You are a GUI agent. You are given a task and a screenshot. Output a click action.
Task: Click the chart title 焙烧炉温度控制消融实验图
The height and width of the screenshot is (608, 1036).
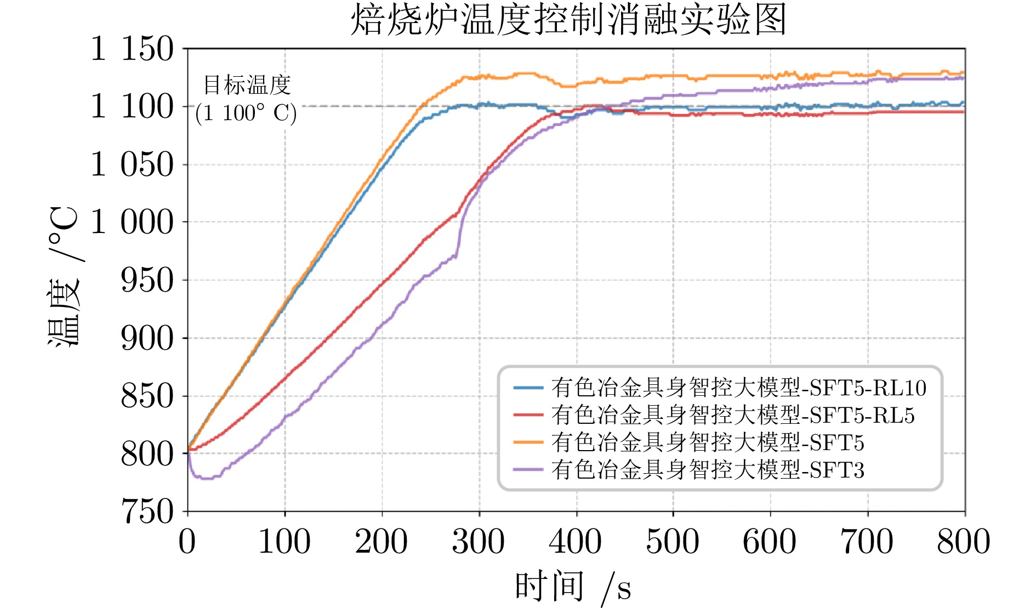568,20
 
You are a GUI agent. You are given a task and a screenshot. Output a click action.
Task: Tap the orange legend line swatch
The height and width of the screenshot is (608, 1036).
528,442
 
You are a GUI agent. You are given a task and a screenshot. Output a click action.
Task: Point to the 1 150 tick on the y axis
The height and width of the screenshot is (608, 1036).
132,49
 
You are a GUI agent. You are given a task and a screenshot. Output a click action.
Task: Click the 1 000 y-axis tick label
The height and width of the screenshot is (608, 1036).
132,222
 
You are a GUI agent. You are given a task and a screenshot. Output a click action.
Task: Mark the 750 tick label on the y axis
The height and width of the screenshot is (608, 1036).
146,512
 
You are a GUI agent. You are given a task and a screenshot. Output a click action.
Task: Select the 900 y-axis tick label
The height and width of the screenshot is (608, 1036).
146,338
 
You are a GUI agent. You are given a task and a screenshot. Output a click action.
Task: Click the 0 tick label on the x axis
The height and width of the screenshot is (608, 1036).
187,542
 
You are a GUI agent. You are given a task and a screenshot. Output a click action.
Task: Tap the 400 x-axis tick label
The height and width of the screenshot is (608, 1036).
576,542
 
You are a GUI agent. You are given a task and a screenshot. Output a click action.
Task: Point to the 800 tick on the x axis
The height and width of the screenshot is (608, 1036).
964,542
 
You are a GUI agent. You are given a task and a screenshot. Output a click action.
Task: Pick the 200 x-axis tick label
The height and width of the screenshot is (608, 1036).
382,542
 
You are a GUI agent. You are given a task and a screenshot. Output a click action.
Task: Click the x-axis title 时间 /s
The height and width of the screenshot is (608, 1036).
573,586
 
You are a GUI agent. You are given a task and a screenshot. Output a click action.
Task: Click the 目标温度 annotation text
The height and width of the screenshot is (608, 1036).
247,85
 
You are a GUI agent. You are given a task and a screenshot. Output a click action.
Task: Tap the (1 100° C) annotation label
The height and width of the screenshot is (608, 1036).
246,113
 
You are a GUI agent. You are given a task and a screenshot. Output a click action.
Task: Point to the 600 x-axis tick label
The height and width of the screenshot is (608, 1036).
770,542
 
